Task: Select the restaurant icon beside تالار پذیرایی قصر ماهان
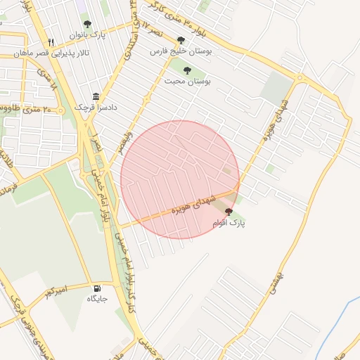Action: tap(51, 42)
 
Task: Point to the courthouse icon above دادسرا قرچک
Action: tap(96, 97)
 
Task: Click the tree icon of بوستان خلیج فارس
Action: tap(181, 40)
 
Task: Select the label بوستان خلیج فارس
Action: tap(181, 51)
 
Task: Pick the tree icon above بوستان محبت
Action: tap(187, 70)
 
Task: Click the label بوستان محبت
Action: tap(187, 82)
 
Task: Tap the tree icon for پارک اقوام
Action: tap(229, 211)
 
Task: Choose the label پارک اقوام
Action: tap(229, 223)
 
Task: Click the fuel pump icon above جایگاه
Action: tap(97, 288)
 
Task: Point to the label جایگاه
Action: tap(96, 299)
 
